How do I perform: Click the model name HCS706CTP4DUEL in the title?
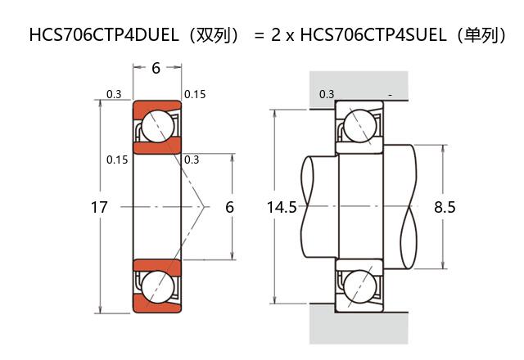(99, 35)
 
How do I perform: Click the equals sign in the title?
(258, 36)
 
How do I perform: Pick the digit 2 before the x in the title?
(275, 35)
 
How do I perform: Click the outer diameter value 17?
(99, 208)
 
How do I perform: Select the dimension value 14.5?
(282, 208)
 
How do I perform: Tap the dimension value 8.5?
(445, 208)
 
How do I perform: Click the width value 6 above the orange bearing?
(156, 69)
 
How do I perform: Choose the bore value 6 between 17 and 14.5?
(229, 208)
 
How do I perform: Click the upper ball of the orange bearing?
(157, 127)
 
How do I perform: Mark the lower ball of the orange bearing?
(157, 287)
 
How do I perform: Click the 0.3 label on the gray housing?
(327, 94)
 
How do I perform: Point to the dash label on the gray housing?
(391, 95)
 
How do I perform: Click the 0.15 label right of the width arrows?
(195, 94)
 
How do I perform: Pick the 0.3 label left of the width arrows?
(114, 94)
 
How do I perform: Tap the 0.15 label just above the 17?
(117, 160)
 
